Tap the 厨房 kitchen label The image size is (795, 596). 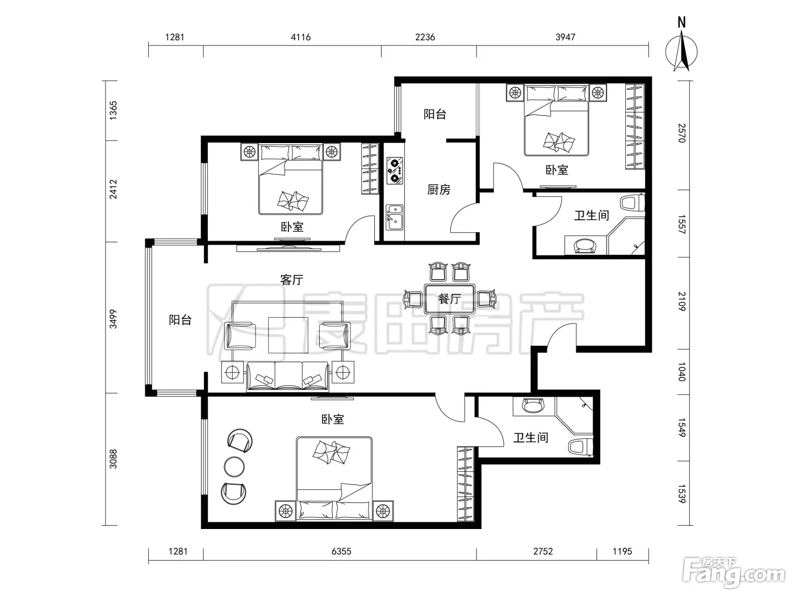(438, 190)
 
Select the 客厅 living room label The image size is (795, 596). (291, 280)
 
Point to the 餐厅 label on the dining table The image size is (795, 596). (450, 299)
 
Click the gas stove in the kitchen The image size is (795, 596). (395, 170)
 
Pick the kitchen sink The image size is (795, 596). (395, 217)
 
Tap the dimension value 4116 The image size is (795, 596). (300, 37)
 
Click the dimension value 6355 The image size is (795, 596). (341, 551)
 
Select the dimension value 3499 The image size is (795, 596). (114, 319)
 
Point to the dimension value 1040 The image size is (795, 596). (681, 371)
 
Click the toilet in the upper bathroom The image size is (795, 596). (633, 203)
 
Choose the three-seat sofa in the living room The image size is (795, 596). (288, 376)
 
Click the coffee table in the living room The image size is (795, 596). (288, 335)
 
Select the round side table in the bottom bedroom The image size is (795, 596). (234, 467)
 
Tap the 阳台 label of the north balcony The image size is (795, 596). (434, 114)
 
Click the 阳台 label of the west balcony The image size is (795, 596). (180, 320)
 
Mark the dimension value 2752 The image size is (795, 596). (543, 551)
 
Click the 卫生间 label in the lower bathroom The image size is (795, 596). (530, 438)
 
